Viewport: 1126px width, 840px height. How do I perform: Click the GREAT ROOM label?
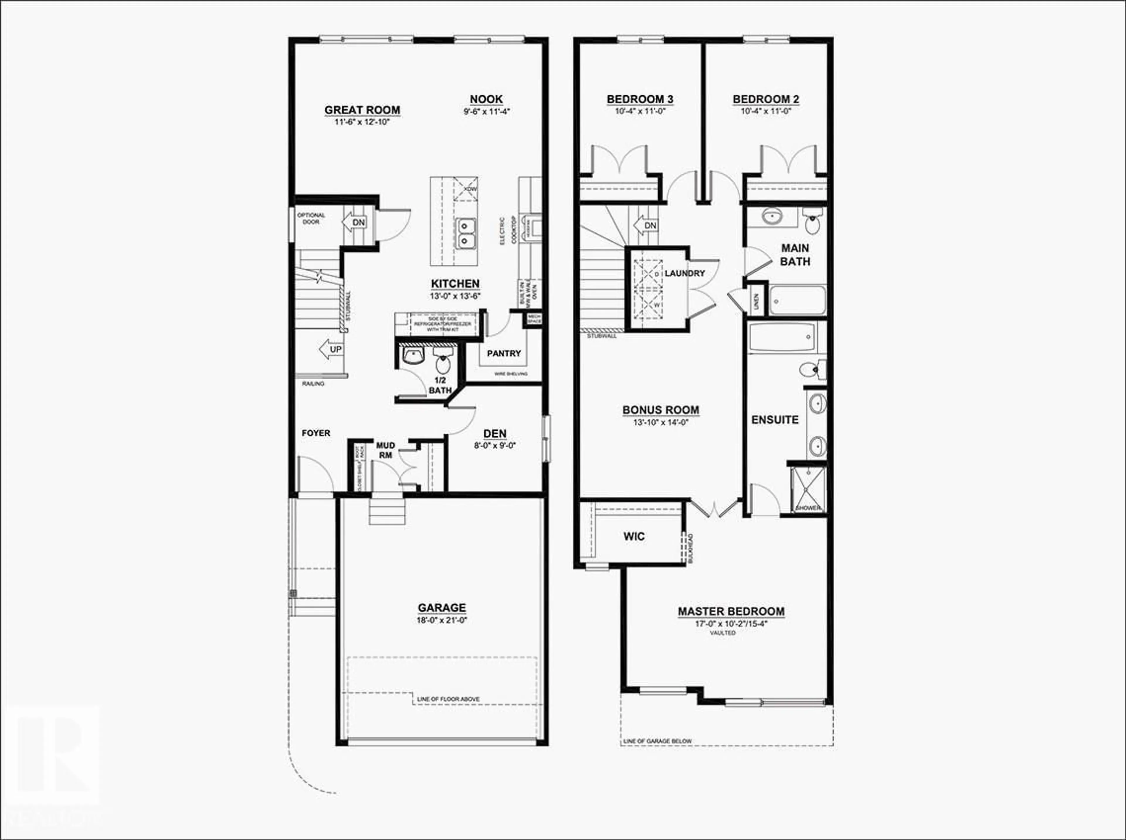tap(362, 110)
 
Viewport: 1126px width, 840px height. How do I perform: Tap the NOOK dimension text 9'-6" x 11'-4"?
tap(486, 112)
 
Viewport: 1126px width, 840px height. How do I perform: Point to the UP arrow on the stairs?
tap(331, 349)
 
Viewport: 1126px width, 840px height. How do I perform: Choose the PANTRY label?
tap(503, 353)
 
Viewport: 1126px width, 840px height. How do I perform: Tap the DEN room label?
tap(494, 433)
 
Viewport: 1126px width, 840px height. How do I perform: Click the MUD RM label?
tap(386, 450)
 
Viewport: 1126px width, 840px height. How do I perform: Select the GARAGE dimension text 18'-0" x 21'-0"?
tap(442, 620)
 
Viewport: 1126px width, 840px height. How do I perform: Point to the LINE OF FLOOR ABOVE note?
tap(448, 699)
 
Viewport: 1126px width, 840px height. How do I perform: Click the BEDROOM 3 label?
tap(640, 99)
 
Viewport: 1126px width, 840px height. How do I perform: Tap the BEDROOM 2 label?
tap(766, 99)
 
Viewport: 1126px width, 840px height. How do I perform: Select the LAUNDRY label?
tap(684, 273)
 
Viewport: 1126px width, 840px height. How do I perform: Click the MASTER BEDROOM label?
tap(731, 611)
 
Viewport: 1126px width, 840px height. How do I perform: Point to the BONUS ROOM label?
tap(661, 410)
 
